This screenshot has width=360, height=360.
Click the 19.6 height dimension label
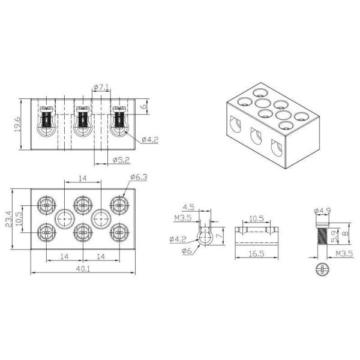17,124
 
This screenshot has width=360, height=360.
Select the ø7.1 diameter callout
101,87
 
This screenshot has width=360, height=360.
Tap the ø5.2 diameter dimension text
121,160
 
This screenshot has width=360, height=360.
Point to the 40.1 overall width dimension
83,269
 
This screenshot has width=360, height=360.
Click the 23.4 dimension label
8,219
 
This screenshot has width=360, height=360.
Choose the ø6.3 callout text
139,177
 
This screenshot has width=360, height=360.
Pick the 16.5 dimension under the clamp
256,254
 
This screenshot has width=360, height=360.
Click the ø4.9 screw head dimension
323,211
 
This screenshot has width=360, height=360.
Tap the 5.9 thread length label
335,236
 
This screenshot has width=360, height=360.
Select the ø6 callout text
187,251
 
